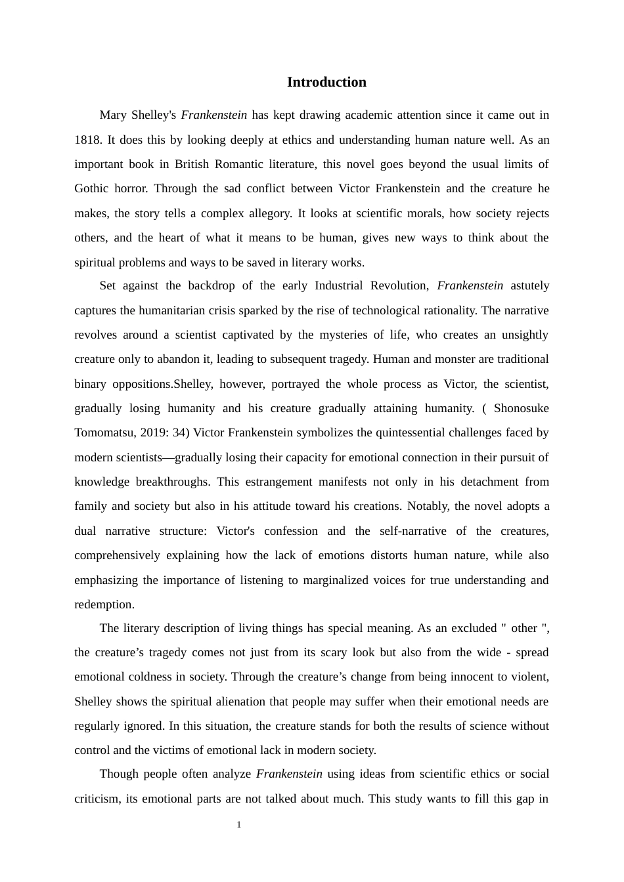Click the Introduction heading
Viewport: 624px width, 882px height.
(x=326, y=82)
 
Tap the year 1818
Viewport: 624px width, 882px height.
(x=87, y=140)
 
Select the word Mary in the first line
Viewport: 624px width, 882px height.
(x=113, y=115)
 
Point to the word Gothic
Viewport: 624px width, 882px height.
(x=91, y=188)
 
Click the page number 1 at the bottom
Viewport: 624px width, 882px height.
(x=239, y=825)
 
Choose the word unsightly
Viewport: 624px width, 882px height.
(x=525, y=335)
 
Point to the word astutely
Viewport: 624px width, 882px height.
(x=529, y=285)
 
